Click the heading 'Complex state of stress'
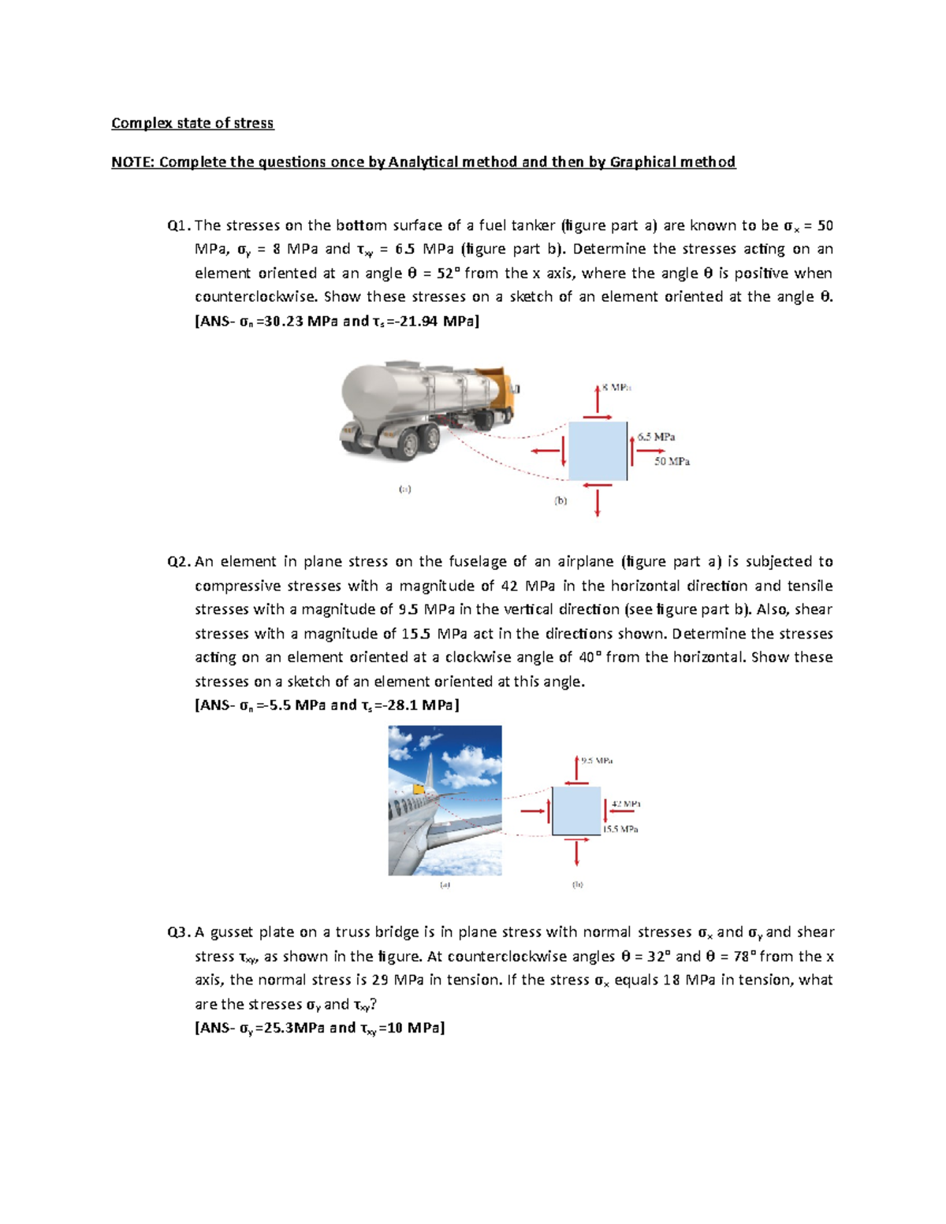click(x=192, y=123)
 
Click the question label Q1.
click(x=178, y=225)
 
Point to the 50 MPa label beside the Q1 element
click(x=672, y=462)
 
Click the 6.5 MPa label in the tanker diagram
click(x=656, y=437)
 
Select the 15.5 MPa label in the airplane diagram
click(x=620, y=829)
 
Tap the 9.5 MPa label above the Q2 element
click(x=597, y=761)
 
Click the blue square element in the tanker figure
click(x=598, y=451)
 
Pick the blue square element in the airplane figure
click(x=576, y=810)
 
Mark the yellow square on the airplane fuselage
click(x=418, y=787)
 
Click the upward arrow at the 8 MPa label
click(x=598, y=397)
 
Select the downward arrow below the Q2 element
click(x=577, y=852)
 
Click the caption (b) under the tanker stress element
click(x=561, y=500)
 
